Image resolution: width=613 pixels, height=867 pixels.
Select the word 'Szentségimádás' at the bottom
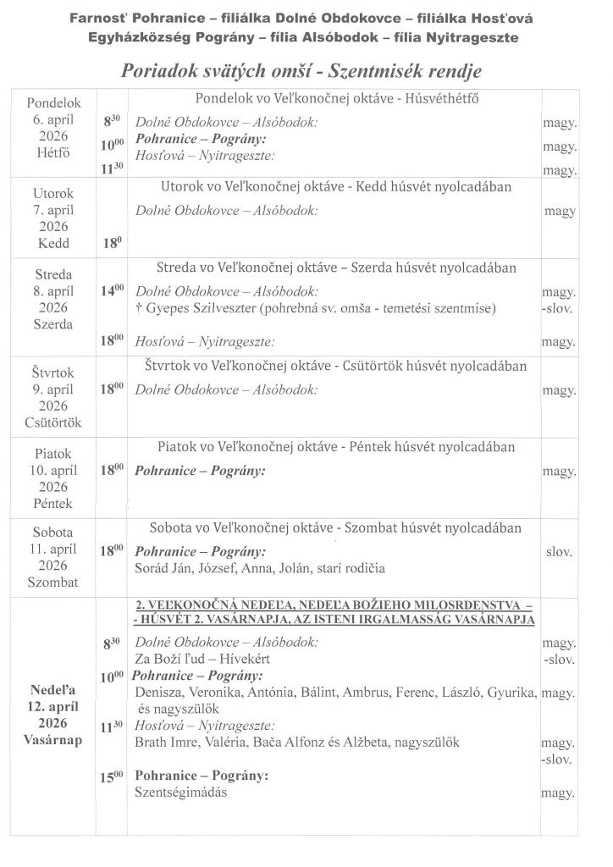click(x=181, y=793)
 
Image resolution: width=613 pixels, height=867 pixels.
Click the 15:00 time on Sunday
click(x=113, y=776)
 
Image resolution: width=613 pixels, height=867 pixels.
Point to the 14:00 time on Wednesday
click(x=113, y=291)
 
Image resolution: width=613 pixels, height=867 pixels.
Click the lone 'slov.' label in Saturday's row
click(x=559, y=552)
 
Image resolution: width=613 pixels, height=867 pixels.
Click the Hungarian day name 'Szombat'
click(x=53, y=583)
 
